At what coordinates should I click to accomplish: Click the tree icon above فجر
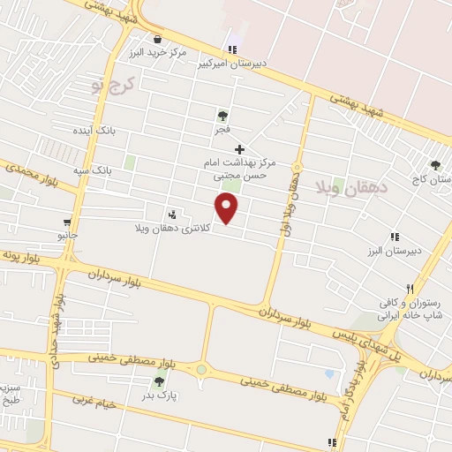click(x=222, y=116)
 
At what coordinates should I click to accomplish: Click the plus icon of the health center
click(x=239, y=149)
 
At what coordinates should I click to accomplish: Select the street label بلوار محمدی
click(x=28, y=174)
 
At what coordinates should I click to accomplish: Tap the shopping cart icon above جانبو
click(x=67, y=222)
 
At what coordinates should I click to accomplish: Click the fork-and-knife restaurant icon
click(x=409, y=289)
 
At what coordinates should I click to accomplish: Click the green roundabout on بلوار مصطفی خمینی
click(x=201, y=370)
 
